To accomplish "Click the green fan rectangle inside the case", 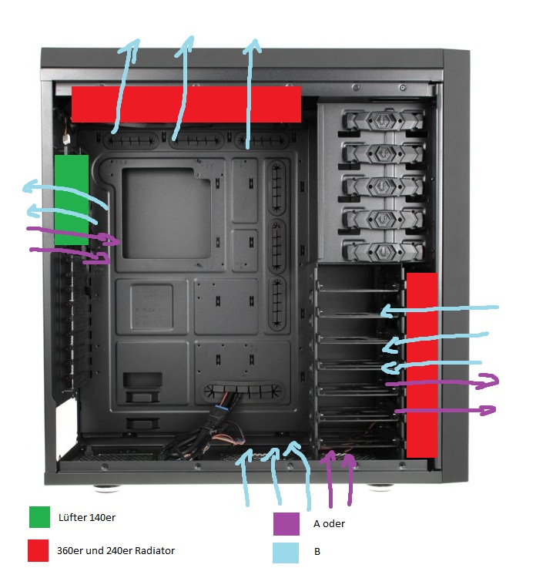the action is pos(72,200).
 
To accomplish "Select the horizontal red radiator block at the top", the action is pos(186,104).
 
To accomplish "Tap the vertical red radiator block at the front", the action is pos(422,365).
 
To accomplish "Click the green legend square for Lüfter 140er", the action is pos(39,517).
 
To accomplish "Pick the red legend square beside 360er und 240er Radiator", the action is pos(38,550).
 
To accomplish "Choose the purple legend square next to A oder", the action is pos(286,524).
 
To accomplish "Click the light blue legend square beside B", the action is pos(286,553).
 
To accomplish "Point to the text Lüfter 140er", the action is pos(87,518).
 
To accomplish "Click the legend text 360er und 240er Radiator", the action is pos(116,551).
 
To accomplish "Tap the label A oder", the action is pos(329,524).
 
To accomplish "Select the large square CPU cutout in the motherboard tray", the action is pos(166,213).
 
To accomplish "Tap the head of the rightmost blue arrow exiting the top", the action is pos(253,46).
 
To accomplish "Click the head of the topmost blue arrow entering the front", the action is pos(387,311).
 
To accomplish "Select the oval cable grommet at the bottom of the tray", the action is pos(242,391).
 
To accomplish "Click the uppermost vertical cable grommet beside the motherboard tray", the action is pos(276,188).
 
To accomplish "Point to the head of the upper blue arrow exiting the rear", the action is pos(32,187).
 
